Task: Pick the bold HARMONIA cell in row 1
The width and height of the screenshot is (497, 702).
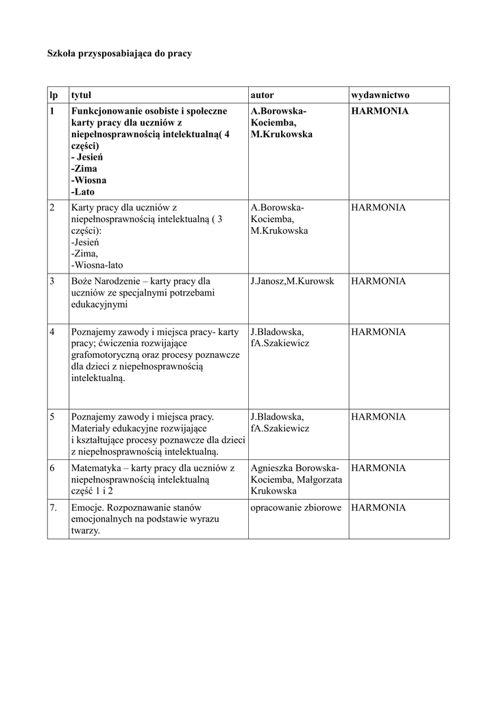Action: [x=380, y=110]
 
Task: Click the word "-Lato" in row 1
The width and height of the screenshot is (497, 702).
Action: [x=82, y=192]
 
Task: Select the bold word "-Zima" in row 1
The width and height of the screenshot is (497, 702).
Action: [x=84, y=169]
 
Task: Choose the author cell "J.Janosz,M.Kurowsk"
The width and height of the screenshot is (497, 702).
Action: [x=293, y=281]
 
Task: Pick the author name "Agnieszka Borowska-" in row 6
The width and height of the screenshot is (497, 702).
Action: [x=295, y=468]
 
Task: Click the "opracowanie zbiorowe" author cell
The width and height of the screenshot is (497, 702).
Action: [x=296, y=508]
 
